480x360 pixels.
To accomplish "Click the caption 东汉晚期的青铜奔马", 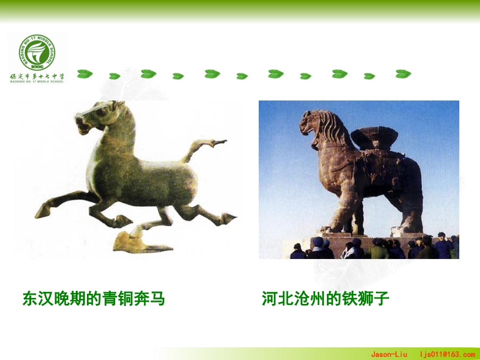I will coord(93,299).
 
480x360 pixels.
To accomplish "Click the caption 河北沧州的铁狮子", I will coord(325,299).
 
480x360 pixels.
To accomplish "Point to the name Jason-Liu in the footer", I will coord(389,354).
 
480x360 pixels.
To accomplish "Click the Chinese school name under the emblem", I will coord(37,76).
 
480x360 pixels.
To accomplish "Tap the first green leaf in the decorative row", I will coord(85,74).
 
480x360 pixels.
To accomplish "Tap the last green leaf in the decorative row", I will coord(403,74).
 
